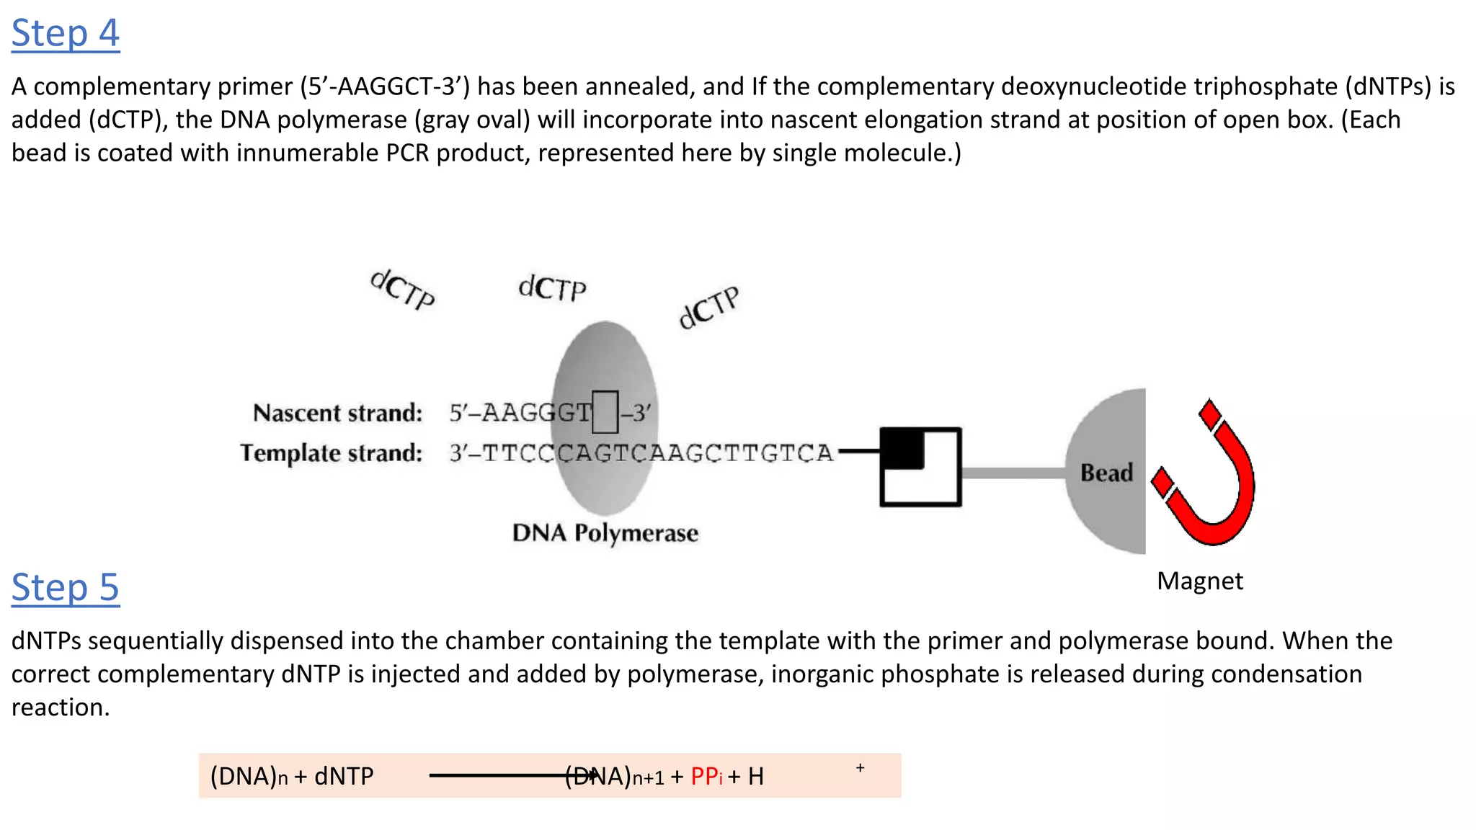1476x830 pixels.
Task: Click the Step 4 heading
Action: point(66,34)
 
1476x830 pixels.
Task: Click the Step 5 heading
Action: point(66,588)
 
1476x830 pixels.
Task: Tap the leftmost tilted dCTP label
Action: point(403,290)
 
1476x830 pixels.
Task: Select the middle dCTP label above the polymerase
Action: point(552,288)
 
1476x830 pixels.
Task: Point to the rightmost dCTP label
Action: point(709,308)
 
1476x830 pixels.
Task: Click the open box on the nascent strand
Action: point(605,412)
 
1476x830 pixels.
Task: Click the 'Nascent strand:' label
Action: point(337,413)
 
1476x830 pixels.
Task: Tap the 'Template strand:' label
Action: point(331,453)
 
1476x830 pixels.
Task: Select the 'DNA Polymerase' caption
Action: point(605,533)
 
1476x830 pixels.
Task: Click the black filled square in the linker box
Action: point(902,448)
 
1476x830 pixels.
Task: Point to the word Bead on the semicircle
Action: point(1106,473)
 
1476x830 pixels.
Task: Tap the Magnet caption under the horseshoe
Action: point(1199,581)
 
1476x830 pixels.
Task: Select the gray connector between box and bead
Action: point(1013,473)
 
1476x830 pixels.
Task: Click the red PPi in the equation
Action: point(706,777)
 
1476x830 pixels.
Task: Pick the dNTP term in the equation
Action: point(344,777)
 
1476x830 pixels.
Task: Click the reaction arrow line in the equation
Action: point(497,776)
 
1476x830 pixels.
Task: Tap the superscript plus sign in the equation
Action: point(860,768)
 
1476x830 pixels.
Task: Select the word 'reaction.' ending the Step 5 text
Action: point(61,708)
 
